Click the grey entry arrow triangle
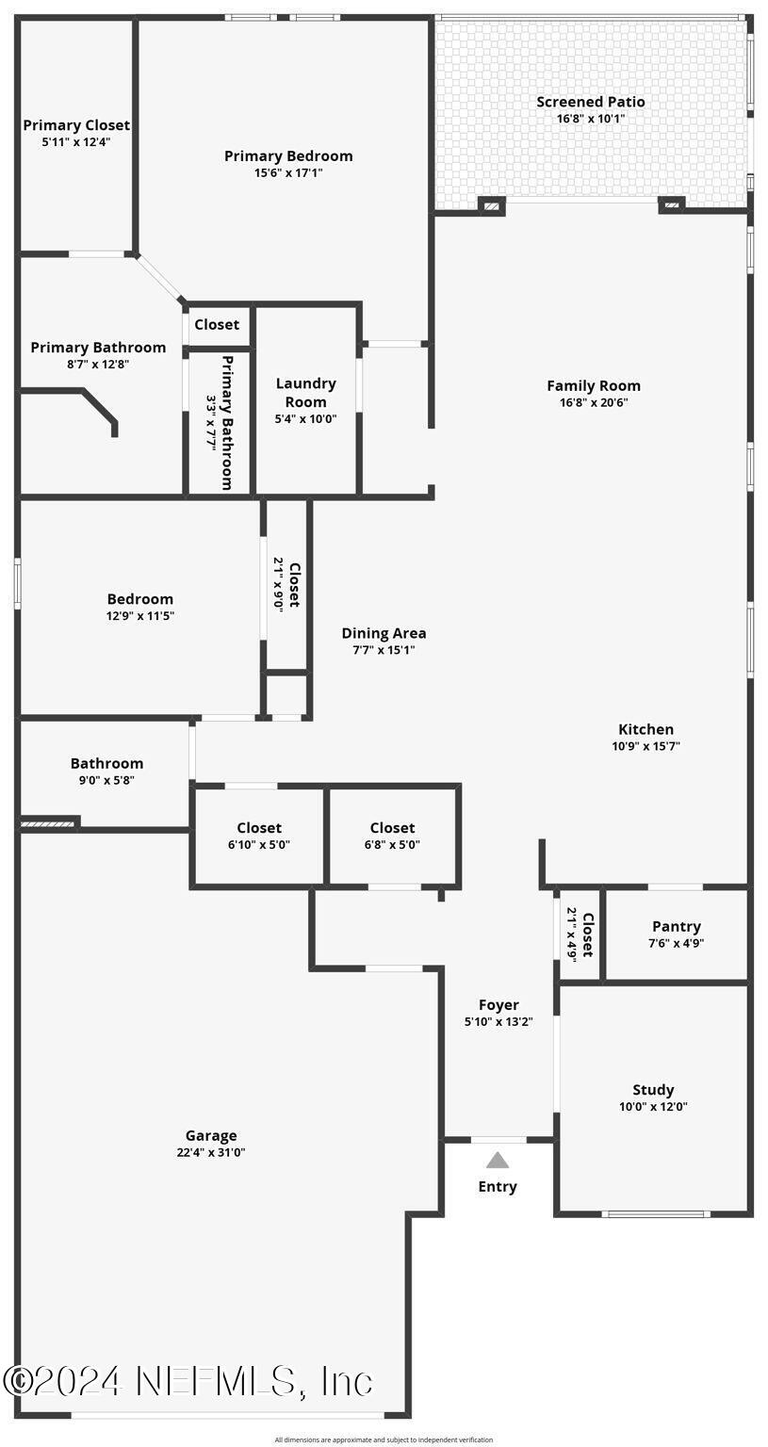pos(498,1161)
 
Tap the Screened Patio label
pos(591,102)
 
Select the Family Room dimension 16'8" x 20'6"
pos(594,402)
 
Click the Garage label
pos(211,1135)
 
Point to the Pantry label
pos(676,926)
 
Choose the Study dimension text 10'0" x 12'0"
pos(653,1107)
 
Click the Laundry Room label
pos(305,392)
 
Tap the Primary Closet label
pos(76,125)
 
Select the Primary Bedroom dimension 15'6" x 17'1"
pos(288,173)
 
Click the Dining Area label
pos(384,633)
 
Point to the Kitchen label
pos(645,729)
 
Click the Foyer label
pos(498,1005)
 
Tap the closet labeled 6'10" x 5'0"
pos(259,828)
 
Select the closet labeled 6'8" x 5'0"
pos(392,828)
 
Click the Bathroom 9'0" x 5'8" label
pos(106,763)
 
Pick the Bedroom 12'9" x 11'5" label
pos(140,599)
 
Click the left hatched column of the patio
pos(492,205)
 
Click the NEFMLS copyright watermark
pos(188,1381)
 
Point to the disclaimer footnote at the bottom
pos(384,1439)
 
